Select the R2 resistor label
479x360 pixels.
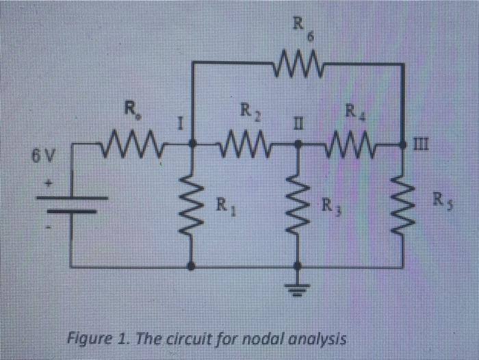(247, 110)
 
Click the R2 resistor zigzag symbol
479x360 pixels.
(244, 145)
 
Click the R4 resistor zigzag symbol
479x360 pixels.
(350, 145)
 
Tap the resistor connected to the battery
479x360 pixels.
(131, 145)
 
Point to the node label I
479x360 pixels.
(179, 125)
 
